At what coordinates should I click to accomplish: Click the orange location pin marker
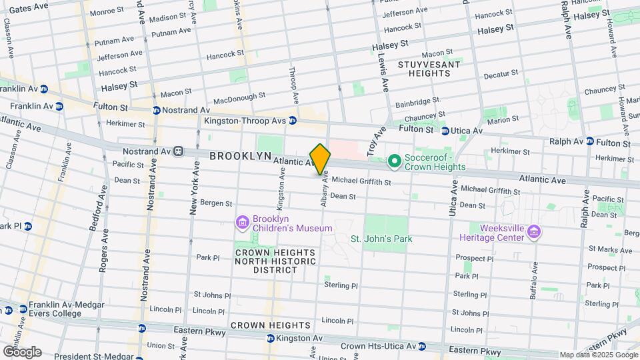point(321,159)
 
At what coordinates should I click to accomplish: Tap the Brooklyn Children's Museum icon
point(242,221)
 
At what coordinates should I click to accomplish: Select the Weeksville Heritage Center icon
point(533,231)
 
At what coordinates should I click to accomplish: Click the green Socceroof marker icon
point(394,161)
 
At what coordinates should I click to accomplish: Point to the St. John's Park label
point(382,239)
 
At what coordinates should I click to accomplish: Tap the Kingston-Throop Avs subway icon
point(292,121)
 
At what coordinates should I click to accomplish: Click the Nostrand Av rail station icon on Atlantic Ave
point(178,151)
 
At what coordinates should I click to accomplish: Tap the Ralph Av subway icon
point(590,141)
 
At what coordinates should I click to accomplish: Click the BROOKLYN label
point(241,155)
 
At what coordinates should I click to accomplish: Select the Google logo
point(22,351)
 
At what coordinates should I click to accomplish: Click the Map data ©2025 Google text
point(598,355)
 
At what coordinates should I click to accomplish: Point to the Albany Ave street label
point(325,189)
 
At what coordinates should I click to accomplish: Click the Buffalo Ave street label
point(533,281)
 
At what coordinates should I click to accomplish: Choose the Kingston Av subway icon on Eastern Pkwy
point(270,338)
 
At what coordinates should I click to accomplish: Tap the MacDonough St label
point(235,98)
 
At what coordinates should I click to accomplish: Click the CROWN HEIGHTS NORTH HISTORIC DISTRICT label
point(274,262)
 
